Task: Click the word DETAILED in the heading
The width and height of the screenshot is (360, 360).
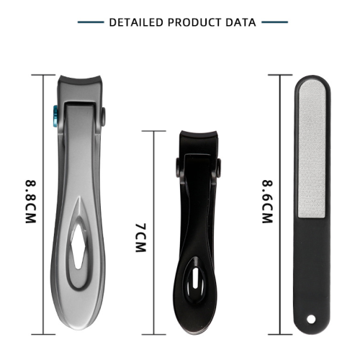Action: (136, 22)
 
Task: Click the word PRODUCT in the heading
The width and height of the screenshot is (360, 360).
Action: (194, 22)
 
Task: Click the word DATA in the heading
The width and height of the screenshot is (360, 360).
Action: (240, 22)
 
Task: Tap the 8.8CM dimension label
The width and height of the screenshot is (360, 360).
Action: (31, 202)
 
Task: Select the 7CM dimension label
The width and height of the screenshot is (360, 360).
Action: (140, 238)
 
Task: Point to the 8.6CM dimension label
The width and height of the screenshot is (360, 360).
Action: (267, 202)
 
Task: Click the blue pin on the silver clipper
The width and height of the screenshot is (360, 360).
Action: (55, 117)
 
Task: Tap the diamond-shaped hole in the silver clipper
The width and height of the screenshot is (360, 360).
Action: (78, 247)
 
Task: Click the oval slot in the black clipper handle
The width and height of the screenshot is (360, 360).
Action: (195, 278)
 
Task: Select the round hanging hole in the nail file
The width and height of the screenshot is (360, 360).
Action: (311, 320)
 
